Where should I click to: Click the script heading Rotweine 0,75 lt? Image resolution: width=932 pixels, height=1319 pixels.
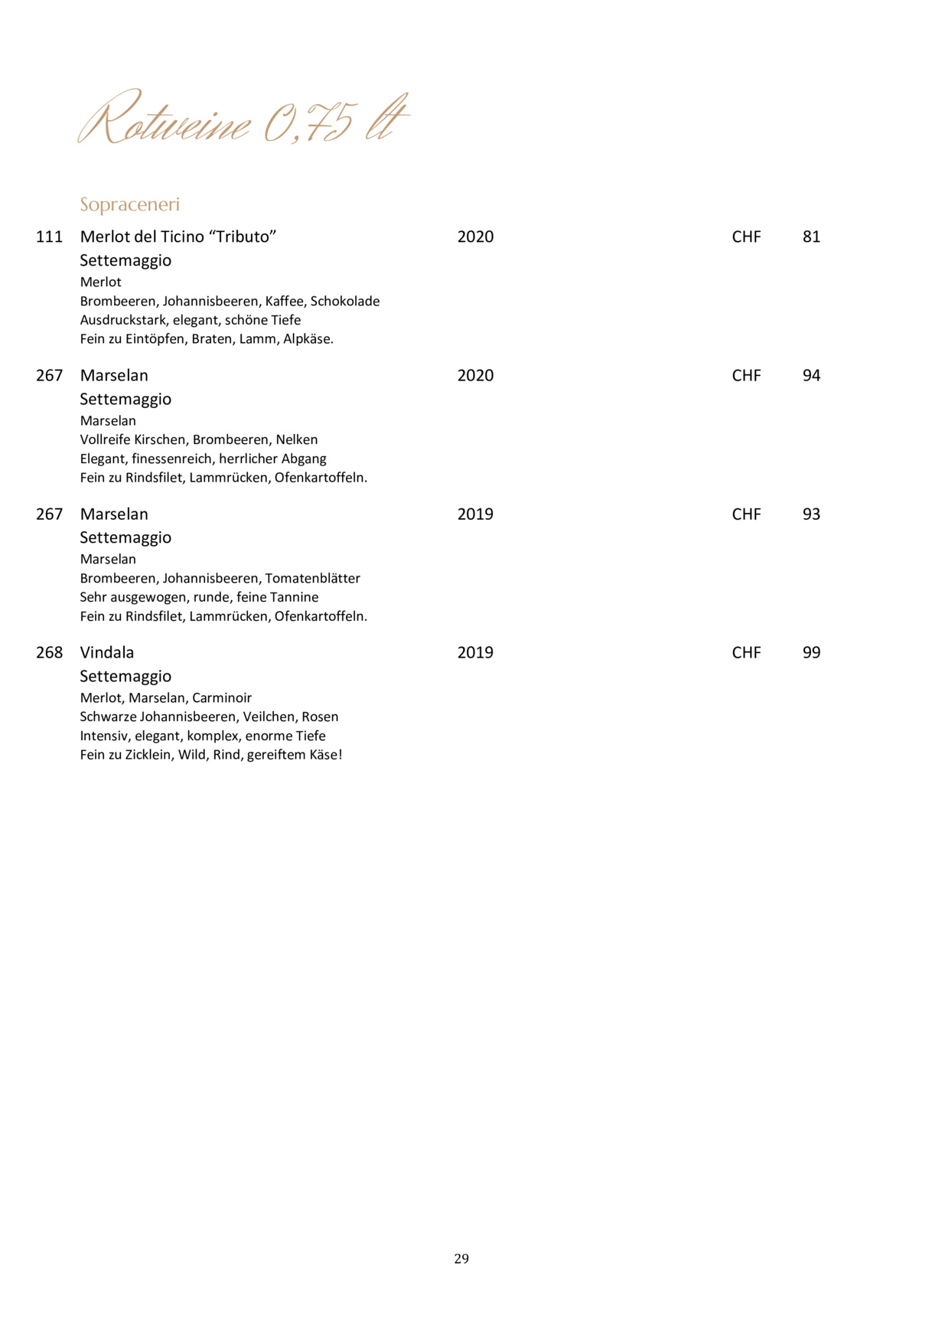click(243, 119)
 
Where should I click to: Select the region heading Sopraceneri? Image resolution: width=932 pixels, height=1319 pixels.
click(129, 204)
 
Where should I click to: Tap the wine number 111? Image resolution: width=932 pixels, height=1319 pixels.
click(49, 237)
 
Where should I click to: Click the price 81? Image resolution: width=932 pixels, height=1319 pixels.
click(811, 237)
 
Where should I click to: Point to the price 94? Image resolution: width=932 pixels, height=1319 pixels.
click(811, 375)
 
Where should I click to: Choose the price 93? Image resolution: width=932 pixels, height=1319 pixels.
click(811, 514)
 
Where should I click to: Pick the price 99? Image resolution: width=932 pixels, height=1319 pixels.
click(811, 652)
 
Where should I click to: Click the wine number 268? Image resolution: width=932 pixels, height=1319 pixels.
click(49, 652)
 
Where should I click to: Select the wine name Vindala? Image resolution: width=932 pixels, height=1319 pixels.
click(107, 652)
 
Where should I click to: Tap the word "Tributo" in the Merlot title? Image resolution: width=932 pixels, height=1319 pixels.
click(243, 237)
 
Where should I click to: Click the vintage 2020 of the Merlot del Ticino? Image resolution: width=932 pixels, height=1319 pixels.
click(475, 237)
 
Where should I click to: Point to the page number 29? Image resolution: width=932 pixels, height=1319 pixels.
click(461, 1259)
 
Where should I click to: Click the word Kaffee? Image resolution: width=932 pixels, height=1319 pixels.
click(284, 301)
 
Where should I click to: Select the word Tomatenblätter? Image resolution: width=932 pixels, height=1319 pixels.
click(312, 578)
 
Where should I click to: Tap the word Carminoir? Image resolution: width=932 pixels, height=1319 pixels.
click(222, 697)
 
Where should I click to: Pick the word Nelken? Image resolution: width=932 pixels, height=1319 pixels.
click(297, 439)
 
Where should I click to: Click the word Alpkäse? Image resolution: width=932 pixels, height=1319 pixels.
click(308, 338)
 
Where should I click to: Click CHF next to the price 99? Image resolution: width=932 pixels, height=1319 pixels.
click(746, 652)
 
